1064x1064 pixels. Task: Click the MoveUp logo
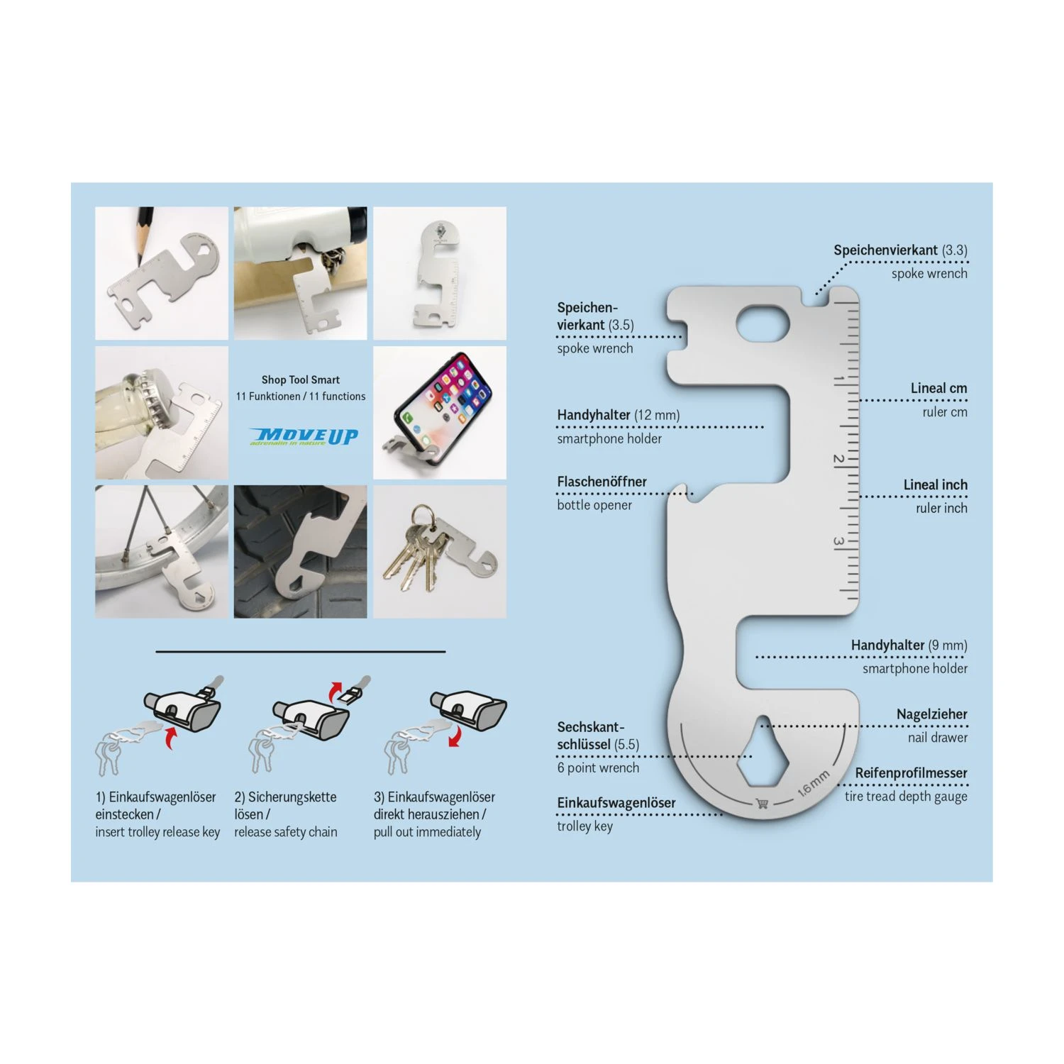point(304,436)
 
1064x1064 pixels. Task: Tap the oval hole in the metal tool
point(763,326)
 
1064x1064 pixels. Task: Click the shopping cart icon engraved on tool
point(763,804)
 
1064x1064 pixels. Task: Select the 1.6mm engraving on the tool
point(814,782)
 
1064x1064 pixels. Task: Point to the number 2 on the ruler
point(838,460)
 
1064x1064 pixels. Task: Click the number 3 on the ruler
point(838,542)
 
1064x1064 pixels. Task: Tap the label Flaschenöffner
point(602,482)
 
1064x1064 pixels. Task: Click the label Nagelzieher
point(931,714)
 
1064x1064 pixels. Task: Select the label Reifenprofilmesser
point(911,773)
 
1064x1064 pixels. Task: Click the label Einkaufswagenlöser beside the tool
point(616,803)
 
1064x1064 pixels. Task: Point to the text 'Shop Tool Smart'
point(301,380)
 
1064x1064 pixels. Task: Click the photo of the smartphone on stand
point(440,412)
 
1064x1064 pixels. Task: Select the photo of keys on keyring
point(440,551)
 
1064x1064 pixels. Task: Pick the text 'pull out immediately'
point(427,832)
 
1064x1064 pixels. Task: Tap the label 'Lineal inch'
point(935,484)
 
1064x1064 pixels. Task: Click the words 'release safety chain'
point(286,832)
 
